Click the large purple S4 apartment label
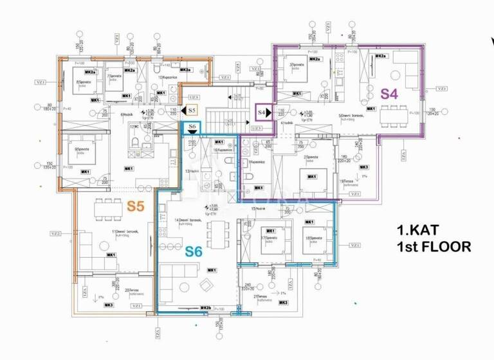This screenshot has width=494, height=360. pyautogui.click(x=390, y=93)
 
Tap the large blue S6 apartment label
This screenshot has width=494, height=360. pyautogui.click(x=194, y=252)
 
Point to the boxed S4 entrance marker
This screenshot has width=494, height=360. pyautogui.click(x=262, y=112)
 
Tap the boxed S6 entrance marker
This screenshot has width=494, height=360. pyautogui.click(x=192, y=127)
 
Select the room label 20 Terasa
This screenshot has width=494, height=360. pyautogui.click(x=132, y=291)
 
